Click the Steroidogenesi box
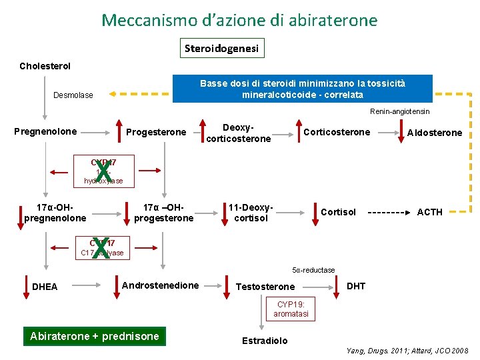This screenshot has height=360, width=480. coord(222,48)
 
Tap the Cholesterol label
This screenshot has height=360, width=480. coord(45,66)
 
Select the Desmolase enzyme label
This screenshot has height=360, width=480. coord(73,95)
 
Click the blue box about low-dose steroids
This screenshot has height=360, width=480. coord(302,89)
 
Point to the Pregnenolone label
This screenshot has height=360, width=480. coord(45,131)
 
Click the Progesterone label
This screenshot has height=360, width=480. coord(156,132)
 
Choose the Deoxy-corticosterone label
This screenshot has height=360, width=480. coord(238,133)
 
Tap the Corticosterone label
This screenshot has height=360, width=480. coord(336,132)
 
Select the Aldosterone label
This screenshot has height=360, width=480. coord(434,133)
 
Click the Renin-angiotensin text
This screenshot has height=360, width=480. coord(399,111)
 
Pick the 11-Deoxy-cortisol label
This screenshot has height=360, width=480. coord(251,213)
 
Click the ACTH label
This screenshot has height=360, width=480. coord(429,212)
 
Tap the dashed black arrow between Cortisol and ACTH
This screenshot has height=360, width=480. coord(387,213)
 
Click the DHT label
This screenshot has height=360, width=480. coord(356,286)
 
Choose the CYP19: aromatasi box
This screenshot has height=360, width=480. coord(291,309)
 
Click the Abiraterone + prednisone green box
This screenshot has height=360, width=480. coord(95,336)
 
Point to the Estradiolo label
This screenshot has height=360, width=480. coord(265,341)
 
